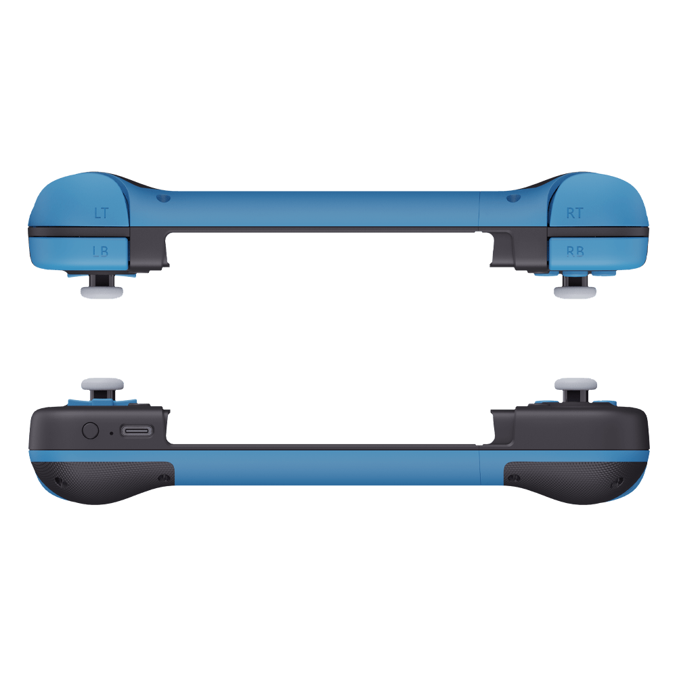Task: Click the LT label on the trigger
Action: pos(102,213)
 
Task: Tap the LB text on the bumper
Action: pos(101,251)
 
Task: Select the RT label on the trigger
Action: pos(575,213)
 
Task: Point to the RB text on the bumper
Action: pos(575,251)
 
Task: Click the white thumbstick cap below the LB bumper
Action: pos(102,292)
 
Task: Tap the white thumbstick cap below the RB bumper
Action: pos(575,292)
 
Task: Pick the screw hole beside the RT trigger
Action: pos(513,198)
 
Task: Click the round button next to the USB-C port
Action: pos(90,431)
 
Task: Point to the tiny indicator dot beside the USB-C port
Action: pos(112,433)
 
